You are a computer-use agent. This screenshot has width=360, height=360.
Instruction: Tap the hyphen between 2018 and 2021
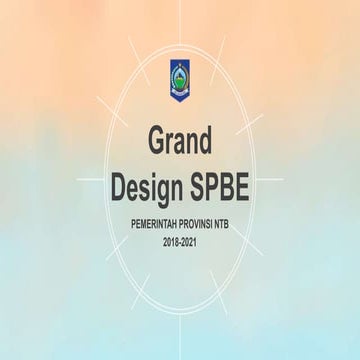coord(180,244)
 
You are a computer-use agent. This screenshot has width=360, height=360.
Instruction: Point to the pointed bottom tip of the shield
coord(180,100)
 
